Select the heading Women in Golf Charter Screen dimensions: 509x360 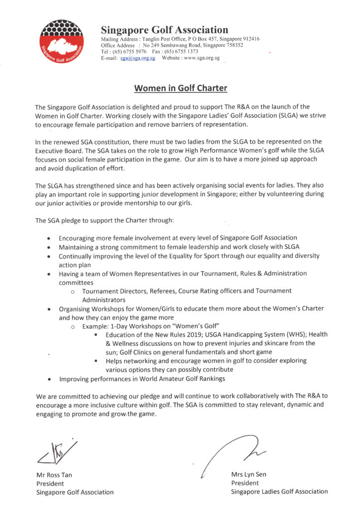point(180,89)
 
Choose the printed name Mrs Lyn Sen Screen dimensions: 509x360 point(249,474)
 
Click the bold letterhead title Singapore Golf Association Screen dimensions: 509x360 point(165,30)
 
